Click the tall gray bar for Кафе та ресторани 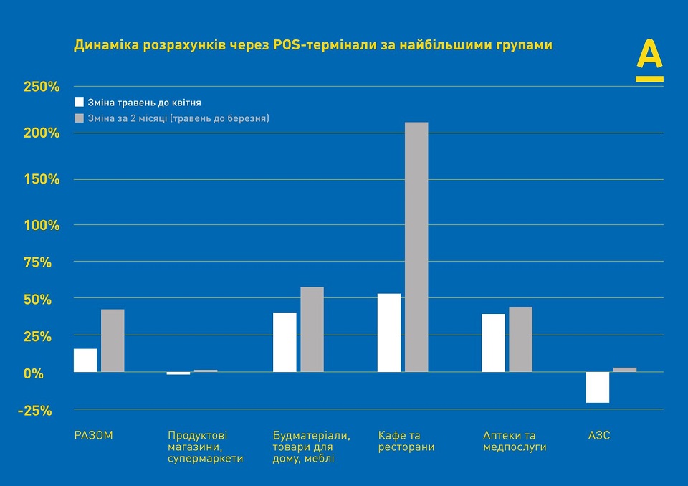416,247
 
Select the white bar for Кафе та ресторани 389,333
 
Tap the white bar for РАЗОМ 85,360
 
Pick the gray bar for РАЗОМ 113,340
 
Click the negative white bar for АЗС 597,387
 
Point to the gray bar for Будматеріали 312,329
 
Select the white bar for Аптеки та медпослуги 493,343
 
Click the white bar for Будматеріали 285,342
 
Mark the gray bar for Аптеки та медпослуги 520,339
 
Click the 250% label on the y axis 42,87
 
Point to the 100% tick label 42,225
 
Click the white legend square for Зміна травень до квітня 80,103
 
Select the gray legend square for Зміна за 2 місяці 80,118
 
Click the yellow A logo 649,62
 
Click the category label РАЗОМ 94,435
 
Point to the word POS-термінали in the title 312,45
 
